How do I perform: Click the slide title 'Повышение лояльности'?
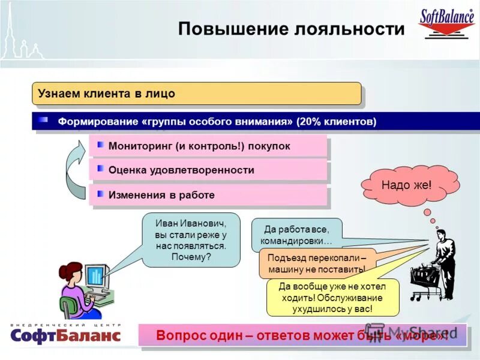[291, 29]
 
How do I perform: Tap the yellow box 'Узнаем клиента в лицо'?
[196, 94]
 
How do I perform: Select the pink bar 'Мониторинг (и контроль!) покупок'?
[208, 146]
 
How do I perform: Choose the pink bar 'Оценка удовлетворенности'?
[208, 170]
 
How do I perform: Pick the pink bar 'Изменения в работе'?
[208, 195]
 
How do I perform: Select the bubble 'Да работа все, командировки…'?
[296, 235]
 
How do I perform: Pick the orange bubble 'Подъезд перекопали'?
[317, 263]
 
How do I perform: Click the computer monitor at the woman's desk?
[95, 275]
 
